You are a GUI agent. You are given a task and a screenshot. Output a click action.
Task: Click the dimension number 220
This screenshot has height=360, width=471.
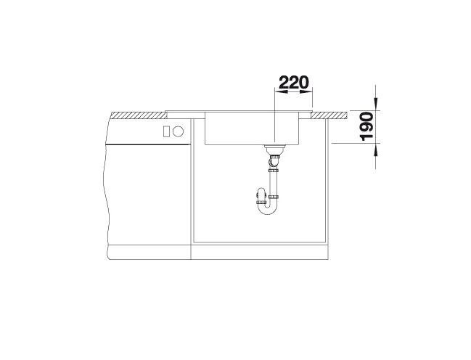coord(293,82)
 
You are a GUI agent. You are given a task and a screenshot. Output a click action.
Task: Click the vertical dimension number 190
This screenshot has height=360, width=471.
coord(366,126)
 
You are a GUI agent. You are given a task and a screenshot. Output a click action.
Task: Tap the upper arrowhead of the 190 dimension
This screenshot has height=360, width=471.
coord(375,104)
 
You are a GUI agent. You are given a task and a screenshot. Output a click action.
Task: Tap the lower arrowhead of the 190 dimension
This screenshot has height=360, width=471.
coord(375,150)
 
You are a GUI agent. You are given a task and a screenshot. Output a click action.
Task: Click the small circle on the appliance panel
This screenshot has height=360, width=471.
coord(178,131)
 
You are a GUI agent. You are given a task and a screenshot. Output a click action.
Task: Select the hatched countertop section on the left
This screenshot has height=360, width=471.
coord(139,115)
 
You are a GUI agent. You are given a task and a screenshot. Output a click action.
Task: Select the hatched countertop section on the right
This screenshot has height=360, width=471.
coord(329,115)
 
